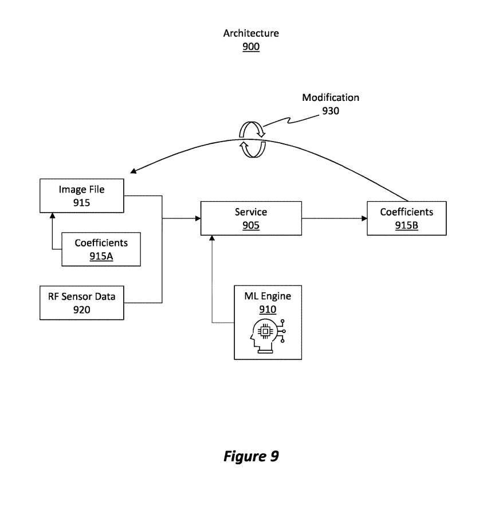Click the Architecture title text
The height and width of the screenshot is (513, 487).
251,33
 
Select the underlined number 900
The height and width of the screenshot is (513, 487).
251,47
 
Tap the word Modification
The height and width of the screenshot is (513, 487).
331,97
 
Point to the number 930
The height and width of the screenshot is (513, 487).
331,111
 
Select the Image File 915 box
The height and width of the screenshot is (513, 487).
81,195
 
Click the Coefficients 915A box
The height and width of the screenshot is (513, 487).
101,249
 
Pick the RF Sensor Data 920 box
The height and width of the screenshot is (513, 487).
81,303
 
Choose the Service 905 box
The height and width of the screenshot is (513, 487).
251,218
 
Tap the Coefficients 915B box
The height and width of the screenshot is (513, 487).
406,218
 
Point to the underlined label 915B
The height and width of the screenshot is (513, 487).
406,226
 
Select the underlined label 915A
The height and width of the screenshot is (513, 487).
101,256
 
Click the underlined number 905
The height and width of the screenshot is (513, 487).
251,226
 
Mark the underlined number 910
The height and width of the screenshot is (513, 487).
268,310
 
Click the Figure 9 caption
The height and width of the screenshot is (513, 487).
251,456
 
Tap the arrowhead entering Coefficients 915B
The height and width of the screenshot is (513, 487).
364,218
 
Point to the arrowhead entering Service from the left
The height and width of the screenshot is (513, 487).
197,218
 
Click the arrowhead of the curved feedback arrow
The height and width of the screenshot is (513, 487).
133,171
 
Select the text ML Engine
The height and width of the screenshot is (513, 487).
268,296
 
